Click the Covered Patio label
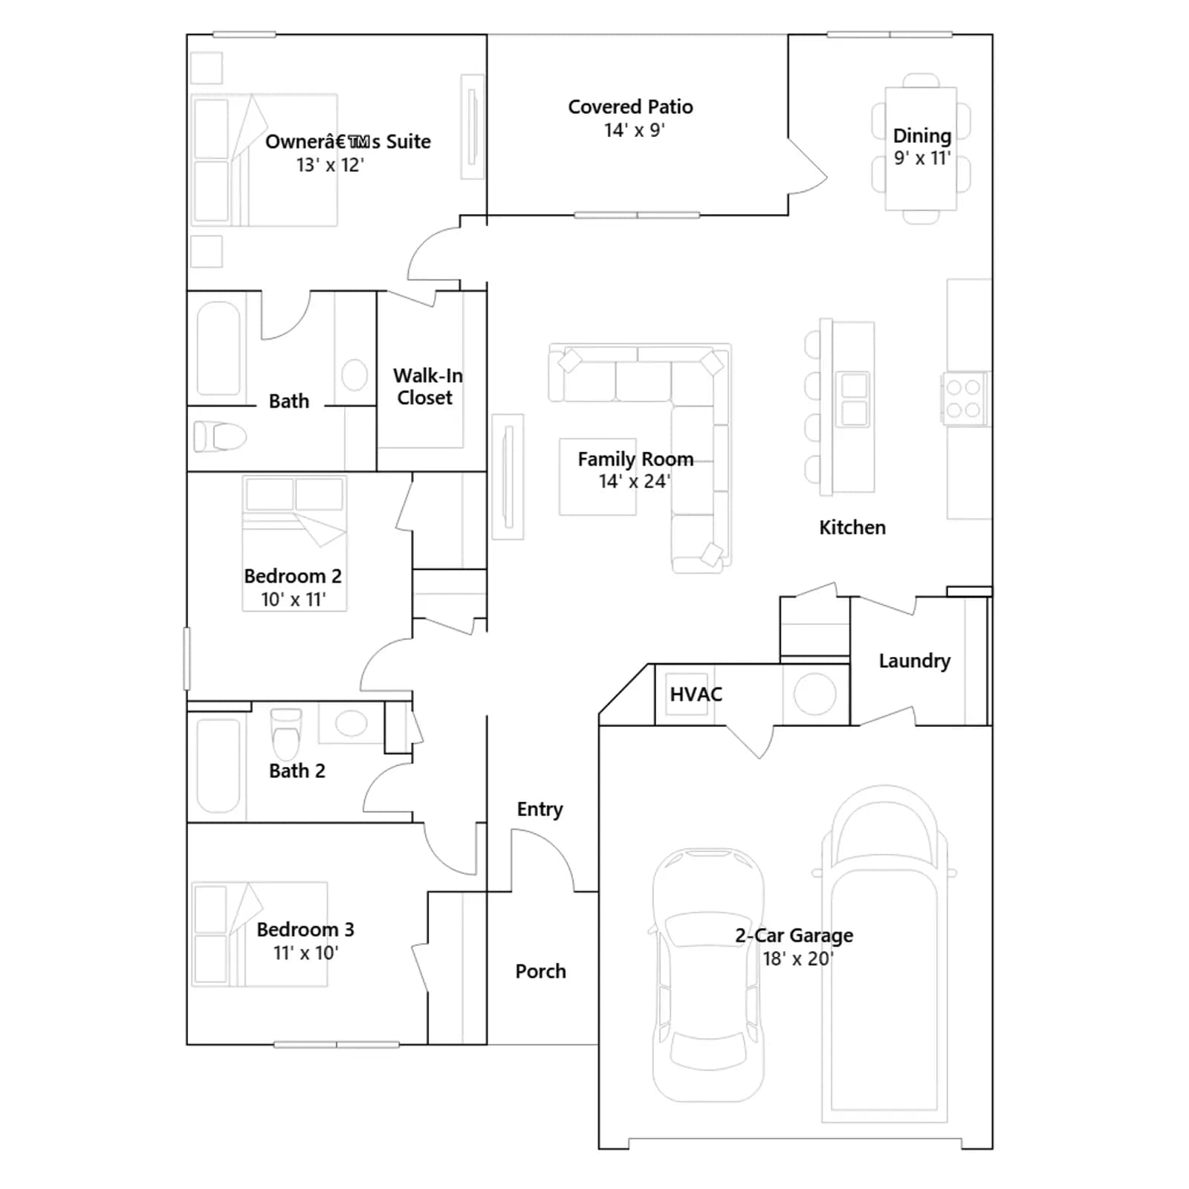[x=630, y=107]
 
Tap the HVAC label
[x=696, y=694]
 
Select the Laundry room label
[x=915, y=661]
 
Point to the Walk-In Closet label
[x=427, y=386]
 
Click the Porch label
[x=540, y=971]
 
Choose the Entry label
[x=540, y=809]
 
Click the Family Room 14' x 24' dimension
[x=634, y=482]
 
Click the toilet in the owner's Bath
[x=220, y=436]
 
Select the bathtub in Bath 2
[x=218, y=765]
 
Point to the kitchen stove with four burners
[x=964, y=399]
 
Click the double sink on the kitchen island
[x=854, y=399]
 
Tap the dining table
[x=921, y=149]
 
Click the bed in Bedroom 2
[x=294, y=543]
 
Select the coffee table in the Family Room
[x=597, y=476]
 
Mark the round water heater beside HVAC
[x=815, y=694]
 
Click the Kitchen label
[x=852, y=528]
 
